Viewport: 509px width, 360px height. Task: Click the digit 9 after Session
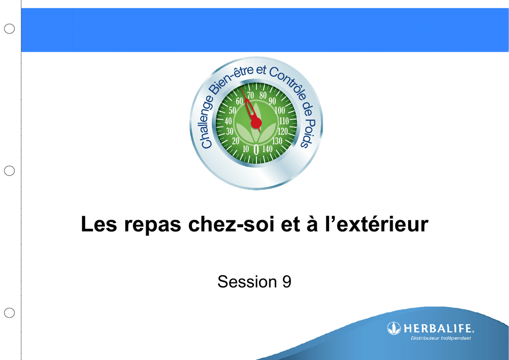click(287, 281)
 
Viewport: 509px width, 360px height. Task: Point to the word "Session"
click(247, 281)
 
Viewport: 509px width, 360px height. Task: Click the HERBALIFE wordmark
click(438, 329)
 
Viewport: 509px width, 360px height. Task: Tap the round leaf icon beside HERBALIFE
click(394, 328)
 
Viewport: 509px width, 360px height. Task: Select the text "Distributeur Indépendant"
click(441, 338)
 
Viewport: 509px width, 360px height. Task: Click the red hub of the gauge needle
click(256, 123)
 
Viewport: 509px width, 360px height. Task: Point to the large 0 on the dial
click(256, 150)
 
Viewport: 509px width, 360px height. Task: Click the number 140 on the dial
click(267, 149)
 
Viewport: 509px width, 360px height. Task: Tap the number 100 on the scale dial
click(279, 110)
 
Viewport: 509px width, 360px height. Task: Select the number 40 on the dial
click(228, 121)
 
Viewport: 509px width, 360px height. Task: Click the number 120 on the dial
click(282, 131)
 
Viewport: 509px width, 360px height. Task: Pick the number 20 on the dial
click(236, 141)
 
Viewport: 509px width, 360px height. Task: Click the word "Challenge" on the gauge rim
click(207, 122)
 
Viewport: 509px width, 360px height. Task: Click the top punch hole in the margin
click(9, 28)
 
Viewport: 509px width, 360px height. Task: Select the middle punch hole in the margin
click(9, 171)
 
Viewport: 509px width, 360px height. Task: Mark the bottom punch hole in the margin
click(9, 313)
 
